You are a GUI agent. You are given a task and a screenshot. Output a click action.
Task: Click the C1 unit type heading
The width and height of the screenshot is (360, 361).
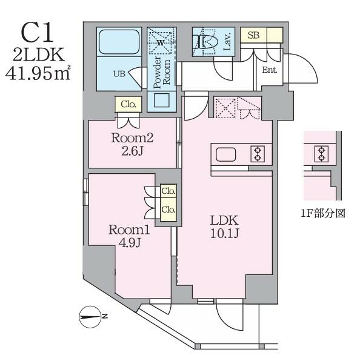(38, 34)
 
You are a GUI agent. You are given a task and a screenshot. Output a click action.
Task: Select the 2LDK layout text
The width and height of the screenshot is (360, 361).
(39, 55)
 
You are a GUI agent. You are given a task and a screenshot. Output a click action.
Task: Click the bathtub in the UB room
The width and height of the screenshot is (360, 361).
(119, 42)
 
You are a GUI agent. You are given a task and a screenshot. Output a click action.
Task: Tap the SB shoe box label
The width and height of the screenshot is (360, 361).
(253, 35)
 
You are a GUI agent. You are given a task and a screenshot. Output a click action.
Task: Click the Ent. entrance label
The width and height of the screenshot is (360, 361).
(269, 70)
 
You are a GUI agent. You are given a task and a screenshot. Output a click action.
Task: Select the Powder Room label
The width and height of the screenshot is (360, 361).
(162, 73)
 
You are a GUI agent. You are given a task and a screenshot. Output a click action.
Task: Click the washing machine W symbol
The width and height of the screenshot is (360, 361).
(161, 42)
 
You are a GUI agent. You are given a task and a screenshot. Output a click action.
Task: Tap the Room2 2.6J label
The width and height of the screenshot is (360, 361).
(132, 145)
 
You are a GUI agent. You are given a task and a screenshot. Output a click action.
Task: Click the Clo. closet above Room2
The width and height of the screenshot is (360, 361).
(128, 104)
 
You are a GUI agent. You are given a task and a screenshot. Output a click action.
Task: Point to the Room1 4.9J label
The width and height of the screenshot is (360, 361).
(129, 236)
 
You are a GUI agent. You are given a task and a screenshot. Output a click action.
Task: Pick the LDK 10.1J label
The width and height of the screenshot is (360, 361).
(225, 227)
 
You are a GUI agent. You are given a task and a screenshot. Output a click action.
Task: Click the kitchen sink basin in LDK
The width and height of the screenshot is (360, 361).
(225, 154)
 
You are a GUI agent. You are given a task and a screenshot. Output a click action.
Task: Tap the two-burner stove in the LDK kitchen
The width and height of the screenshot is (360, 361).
(258, 154)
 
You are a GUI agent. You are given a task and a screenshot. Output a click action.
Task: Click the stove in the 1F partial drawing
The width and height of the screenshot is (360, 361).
(321, 154)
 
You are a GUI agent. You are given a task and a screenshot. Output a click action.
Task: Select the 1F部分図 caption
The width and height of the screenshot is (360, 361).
(323, 213)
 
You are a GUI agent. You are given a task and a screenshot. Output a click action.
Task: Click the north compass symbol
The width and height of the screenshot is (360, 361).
(90, 317)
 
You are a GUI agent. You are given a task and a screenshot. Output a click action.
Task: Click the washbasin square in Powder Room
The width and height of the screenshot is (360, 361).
(162, 100)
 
